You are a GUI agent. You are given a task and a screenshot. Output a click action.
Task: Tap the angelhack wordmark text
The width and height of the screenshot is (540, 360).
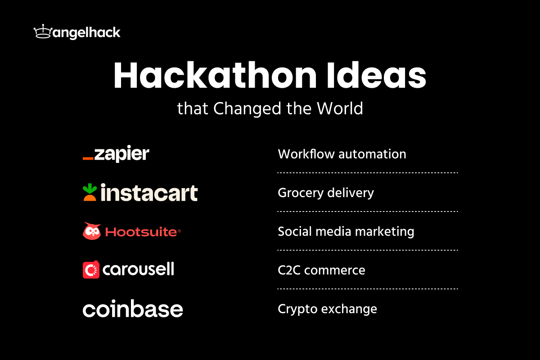coord(85,33)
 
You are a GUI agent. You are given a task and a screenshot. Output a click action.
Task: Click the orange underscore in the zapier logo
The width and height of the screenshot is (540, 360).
coord(88,158)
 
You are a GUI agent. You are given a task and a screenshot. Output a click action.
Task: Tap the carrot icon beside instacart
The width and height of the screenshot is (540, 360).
coord(90,192)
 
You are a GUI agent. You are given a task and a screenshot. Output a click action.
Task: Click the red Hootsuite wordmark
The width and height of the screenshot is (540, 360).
coord(141,232)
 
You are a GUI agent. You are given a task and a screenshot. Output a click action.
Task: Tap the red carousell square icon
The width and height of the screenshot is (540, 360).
coord(91,270)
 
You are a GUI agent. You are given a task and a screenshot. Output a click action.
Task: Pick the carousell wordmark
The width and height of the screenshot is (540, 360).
coord(138,270)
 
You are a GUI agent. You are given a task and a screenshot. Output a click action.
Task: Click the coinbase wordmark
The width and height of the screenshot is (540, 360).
coord(133,309)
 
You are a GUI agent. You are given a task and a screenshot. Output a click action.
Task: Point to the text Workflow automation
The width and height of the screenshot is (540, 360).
coord(342,154)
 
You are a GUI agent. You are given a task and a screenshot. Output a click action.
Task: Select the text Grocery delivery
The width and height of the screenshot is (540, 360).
coord(326,193)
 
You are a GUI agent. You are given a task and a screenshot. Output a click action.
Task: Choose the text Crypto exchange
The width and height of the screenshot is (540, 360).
coord(327,309)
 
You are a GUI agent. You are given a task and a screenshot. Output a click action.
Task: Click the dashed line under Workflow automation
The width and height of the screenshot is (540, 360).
coord(368,172)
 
